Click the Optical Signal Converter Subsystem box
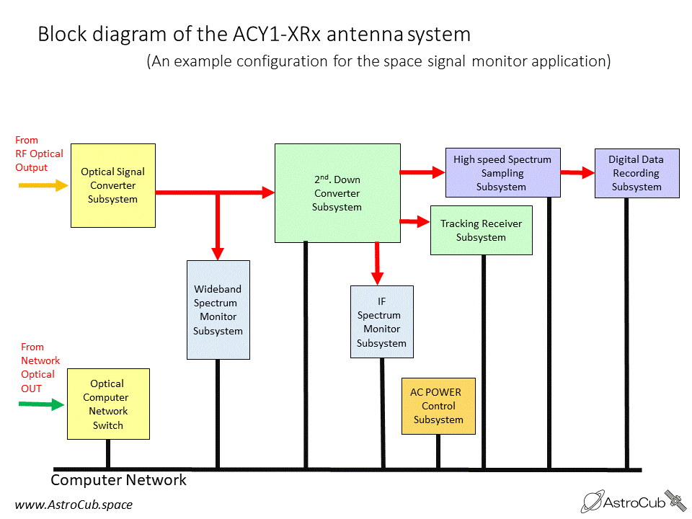113,185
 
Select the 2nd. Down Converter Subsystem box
337,193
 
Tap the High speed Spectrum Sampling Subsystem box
502,172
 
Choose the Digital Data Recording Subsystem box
636,173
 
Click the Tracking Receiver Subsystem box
481,230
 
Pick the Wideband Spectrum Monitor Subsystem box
218,310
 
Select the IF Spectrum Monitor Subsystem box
382,321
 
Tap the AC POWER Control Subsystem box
438,406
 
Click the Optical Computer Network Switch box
108,404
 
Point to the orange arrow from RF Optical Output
43,185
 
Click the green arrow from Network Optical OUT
42,404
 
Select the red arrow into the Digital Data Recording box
577,172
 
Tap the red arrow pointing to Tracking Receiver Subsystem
415,221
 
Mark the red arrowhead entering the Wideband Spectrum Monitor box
218,254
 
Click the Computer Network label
118,480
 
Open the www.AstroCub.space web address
74,505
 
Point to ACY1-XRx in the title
277,34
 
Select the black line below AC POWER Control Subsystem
438,451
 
